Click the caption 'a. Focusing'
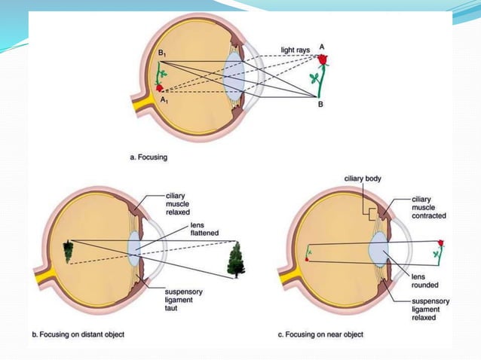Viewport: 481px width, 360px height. click(149, 157)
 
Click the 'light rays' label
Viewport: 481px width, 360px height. click(294, 50)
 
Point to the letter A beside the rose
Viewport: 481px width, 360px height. click(322, 46)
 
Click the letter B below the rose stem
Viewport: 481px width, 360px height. click(320, 105)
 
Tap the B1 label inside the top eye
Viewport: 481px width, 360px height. click(161, 54)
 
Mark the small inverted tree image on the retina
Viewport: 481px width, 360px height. click(69, 250)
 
